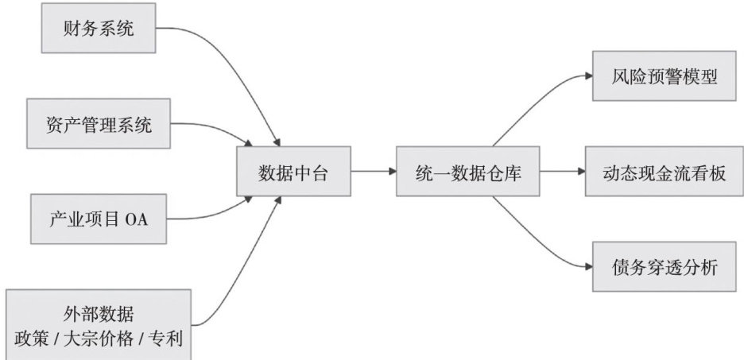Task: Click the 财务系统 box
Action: click(x=99, y=30)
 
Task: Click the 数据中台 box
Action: click(x=293, y=171)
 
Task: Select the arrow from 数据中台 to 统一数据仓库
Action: click(x=374, y=171)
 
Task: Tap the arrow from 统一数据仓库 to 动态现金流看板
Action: click(x=556, y=171)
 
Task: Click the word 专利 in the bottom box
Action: click(x=167, y=339)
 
